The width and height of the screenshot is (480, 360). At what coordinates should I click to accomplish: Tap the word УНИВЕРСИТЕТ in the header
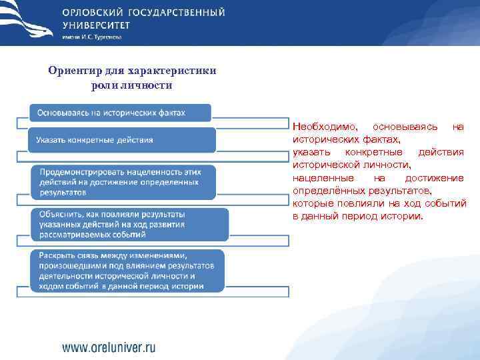coord(96,25)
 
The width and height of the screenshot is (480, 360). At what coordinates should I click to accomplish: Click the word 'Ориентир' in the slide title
coord(71,71)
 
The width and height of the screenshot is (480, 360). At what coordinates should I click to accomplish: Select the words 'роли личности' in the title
coord(132,85)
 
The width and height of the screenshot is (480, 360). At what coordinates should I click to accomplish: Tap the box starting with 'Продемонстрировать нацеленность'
coord(124,181)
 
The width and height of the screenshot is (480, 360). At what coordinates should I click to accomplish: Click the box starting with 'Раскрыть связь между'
coord(127,271)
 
